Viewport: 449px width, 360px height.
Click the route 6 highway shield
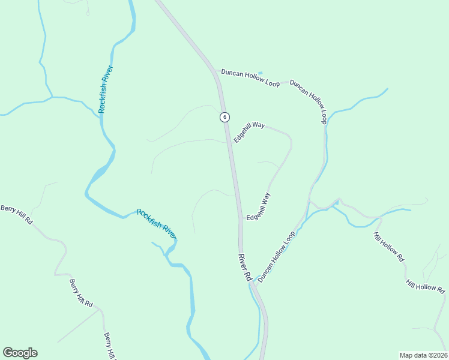224,117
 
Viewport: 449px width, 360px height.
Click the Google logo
20,353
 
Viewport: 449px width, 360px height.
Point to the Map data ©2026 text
423,355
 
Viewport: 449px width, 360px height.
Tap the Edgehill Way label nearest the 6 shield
249,132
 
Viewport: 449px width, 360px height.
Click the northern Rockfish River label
106,89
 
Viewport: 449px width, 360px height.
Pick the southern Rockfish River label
156,223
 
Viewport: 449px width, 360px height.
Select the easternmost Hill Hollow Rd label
425,286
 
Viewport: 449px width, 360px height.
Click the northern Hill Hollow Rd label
388,247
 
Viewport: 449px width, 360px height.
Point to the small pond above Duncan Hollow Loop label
260,73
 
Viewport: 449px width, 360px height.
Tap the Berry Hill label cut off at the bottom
109,346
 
